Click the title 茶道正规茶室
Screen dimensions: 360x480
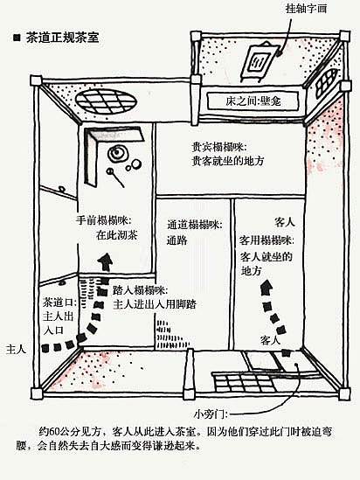click(x=62, y=38)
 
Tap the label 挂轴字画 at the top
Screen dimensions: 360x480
click(x=306, y=8)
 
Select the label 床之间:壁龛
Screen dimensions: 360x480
click(x=253, y=101)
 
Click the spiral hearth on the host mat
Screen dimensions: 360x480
click(x=117, y=153)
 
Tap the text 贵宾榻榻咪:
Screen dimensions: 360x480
click(x=219, y=147)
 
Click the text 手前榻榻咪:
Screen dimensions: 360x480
click(x=104, y=220)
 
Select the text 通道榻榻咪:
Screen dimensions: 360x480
click(x=195, y=225)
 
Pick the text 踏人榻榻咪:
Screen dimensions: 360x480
click(x=141, y=289)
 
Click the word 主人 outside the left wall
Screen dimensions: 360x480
click(x=17, y=349)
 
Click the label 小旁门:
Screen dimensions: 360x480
click(x=211, y=414)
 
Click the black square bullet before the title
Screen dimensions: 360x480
click(x=17, y=38)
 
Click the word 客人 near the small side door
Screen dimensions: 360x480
click(x=270, y=340)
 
